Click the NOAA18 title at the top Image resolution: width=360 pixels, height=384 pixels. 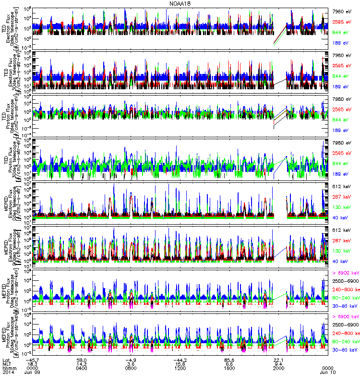click(x=180, y=3)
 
